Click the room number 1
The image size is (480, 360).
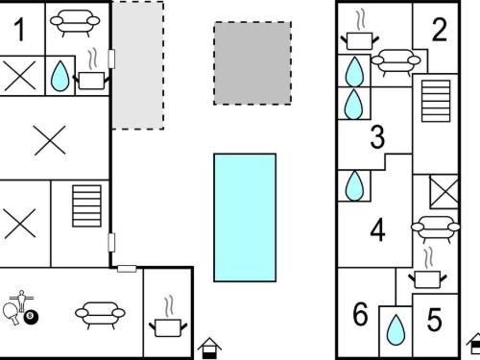[x=20, y=30]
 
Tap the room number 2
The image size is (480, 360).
[x=440, y=30]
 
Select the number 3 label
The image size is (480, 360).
[x=377, y=137]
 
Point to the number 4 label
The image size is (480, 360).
[x=377, y=229]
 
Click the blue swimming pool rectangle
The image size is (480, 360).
[x=245, y=218]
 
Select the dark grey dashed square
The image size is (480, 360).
[x=252, y=63]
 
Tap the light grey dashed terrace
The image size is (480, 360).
[x=137, y=65]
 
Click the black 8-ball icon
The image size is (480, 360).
[x=31, y=316]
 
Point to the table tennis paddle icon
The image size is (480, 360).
[x=11, y=313]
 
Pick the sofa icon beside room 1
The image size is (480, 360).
[x=75, y=23]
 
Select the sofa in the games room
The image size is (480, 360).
[x=100, y=315]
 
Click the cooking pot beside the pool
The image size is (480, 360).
[x=168, y=323]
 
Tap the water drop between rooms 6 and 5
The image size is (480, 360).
[x=396, y=330]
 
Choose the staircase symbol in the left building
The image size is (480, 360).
[x=87, y=205]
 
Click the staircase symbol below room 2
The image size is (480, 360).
[x=436, y=101]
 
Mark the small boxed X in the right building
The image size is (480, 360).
[x=444, y=192]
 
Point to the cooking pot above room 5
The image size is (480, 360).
[x=427, y=273]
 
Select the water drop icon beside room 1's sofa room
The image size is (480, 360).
[x=60, y=76]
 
